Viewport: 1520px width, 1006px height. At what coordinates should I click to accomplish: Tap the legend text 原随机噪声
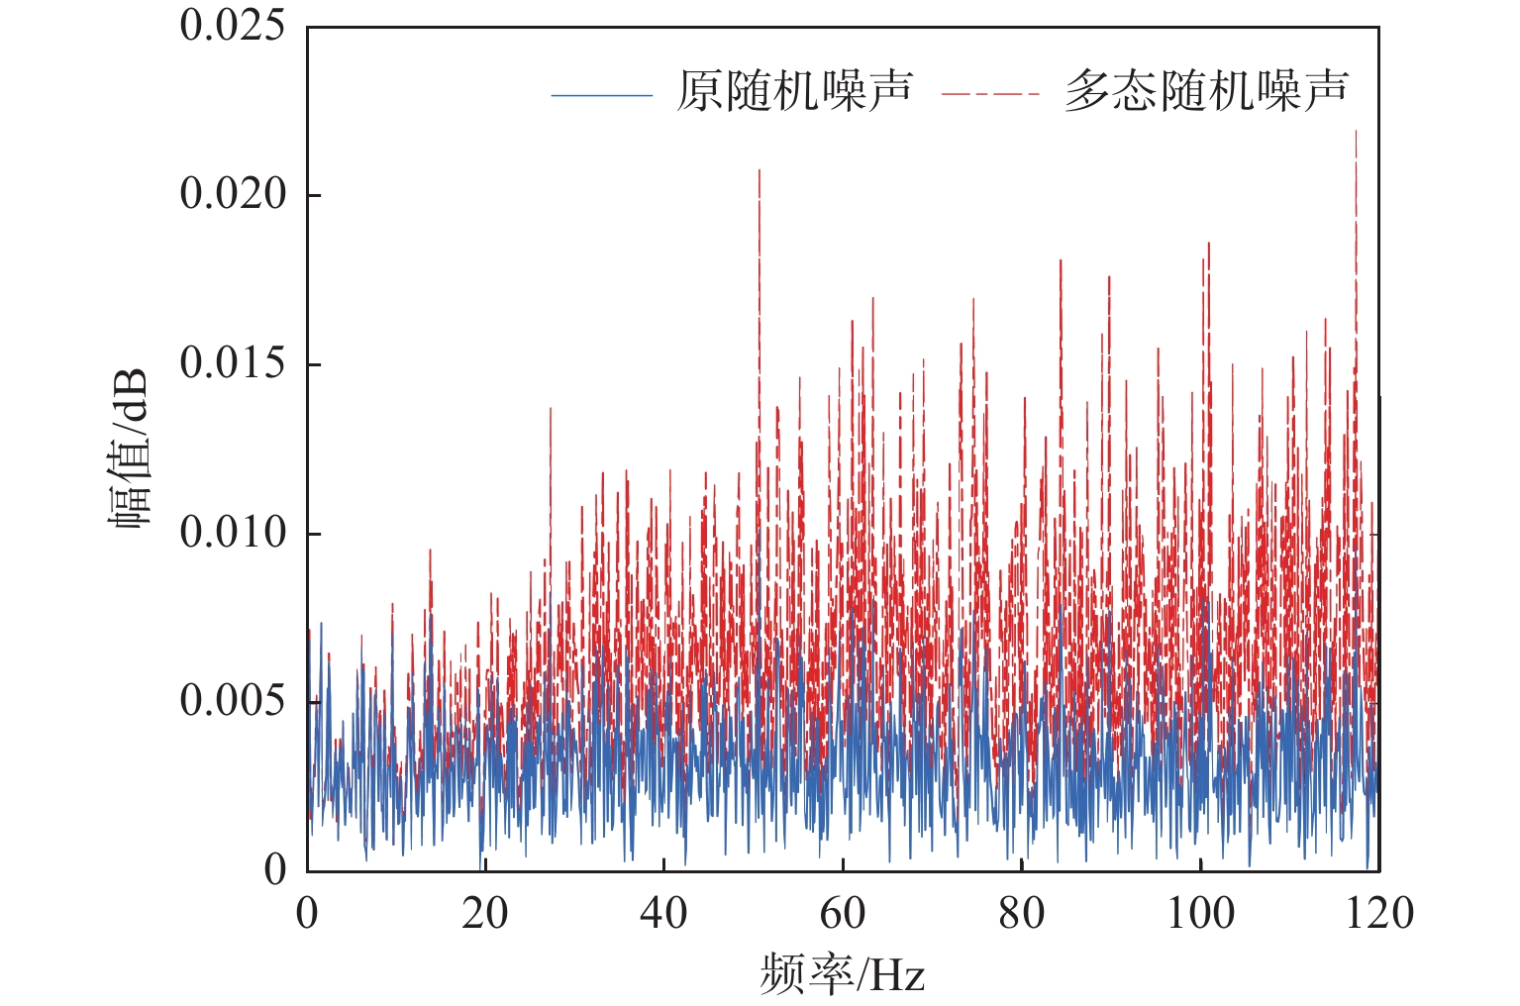[x=794, y=92]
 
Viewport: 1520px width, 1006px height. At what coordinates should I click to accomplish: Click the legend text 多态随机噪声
[x=1206, y=92]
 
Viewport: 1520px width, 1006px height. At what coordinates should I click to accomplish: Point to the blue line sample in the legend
[x=602, y=95]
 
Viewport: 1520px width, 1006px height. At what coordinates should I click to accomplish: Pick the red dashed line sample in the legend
[x=990, y=95]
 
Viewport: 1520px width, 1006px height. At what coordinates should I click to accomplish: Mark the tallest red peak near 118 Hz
[x=1356, y=132]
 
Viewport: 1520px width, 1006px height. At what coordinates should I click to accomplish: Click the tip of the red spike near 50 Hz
[x=760, y=170]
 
